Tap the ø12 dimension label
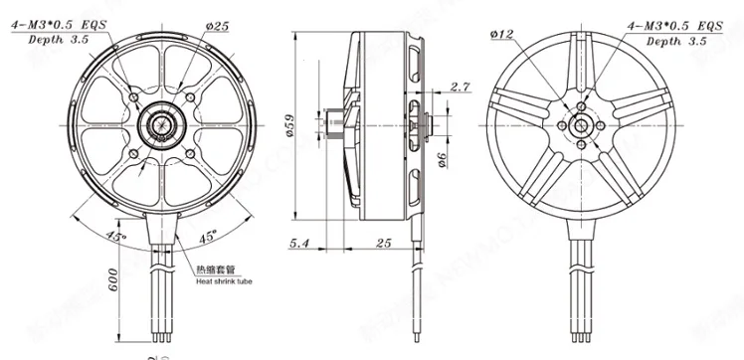(501, 36)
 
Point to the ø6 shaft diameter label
(441, 157)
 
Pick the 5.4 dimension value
(300, 242)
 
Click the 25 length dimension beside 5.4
(383, 242)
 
